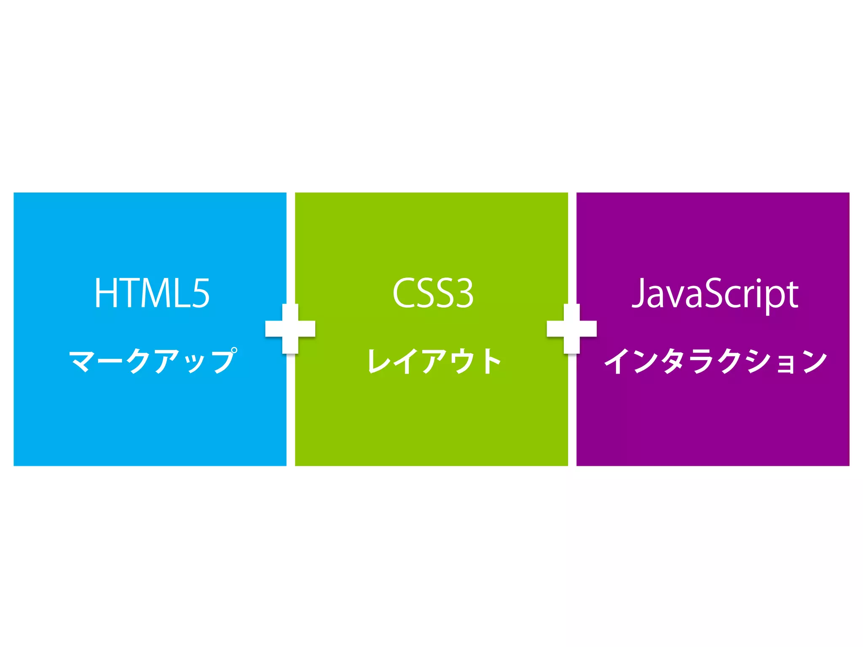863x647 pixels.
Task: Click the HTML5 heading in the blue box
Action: click(152, 293)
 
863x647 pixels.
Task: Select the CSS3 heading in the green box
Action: click(433, 293)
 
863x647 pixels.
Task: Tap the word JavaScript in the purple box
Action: click(715, 294)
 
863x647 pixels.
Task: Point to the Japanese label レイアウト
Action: click(434, 361)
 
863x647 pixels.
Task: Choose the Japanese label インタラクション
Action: click(716, 361)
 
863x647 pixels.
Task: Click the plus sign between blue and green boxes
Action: click(290, 329)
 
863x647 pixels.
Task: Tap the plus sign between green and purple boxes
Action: click(572, 329)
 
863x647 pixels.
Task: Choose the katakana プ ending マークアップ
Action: click(223, 361)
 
